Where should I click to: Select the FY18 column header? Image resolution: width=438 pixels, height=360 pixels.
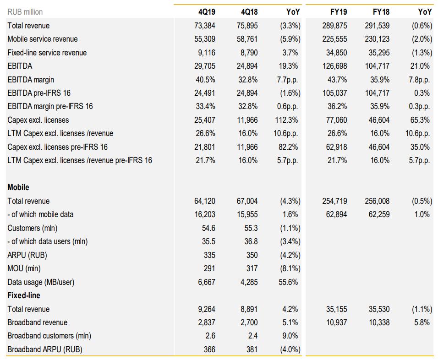tap(381, 12)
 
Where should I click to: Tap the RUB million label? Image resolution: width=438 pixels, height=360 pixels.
tap(25, 12)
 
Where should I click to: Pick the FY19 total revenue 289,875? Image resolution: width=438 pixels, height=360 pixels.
tap(335, 26)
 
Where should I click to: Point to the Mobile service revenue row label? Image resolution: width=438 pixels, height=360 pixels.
tap(43, 39)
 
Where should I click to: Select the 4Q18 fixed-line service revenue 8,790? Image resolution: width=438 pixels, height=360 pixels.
tap(249, 53)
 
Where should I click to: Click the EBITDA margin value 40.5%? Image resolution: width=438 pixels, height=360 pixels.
tap(205, 79)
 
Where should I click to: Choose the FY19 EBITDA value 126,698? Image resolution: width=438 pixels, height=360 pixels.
tap(335, 66)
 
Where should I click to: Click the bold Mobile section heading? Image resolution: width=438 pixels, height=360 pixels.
tap(18, 187)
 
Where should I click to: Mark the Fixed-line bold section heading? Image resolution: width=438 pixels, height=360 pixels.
tap(24, 295)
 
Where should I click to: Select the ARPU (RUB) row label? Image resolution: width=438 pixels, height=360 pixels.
tap(27, 255)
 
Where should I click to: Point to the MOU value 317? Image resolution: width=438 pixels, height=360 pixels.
tap(252, 268)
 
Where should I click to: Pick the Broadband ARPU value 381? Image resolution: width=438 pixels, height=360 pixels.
tap(252, 349)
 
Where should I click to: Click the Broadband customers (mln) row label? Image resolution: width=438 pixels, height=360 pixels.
tap(49, 336)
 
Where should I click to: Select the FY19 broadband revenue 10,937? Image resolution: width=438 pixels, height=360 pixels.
tap(336, 322)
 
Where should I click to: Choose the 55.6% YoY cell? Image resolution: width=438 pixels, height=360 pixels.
tap(289, 282)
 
